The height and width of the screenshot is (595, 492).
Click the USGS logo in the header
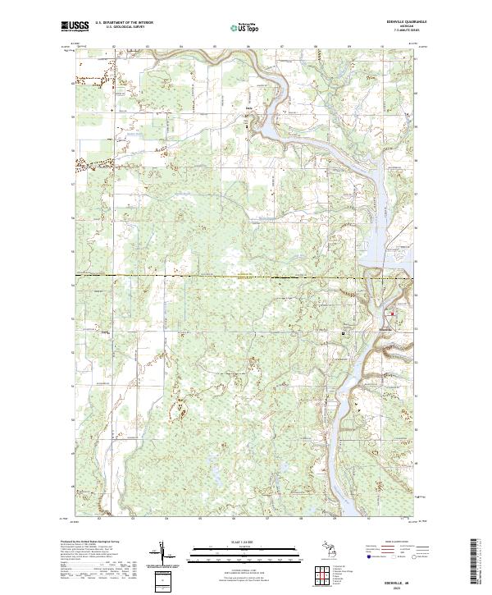pyautogui.click(x=75, y=25)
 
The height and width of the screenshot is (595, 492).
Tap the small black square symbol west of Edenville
pyautogui.click(x=343, y=332)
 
